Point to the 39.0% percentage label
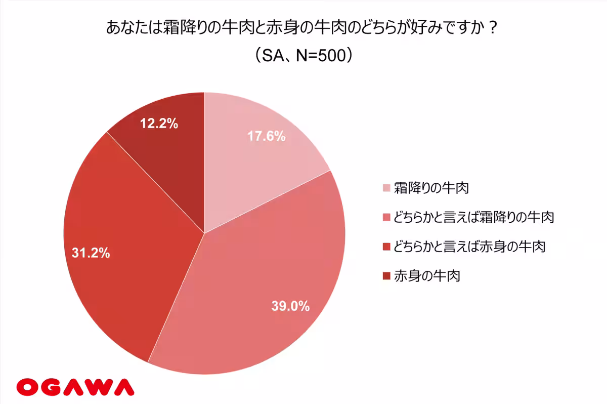(290, 306)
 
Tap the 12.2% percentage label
(159, 124)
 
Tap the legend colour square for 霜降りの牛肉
(386, 189)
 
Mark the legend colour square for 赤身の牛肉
(386, 277)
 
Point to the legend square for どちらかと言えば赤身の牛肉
(386, 248)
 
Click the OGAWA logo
(75, 387)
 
